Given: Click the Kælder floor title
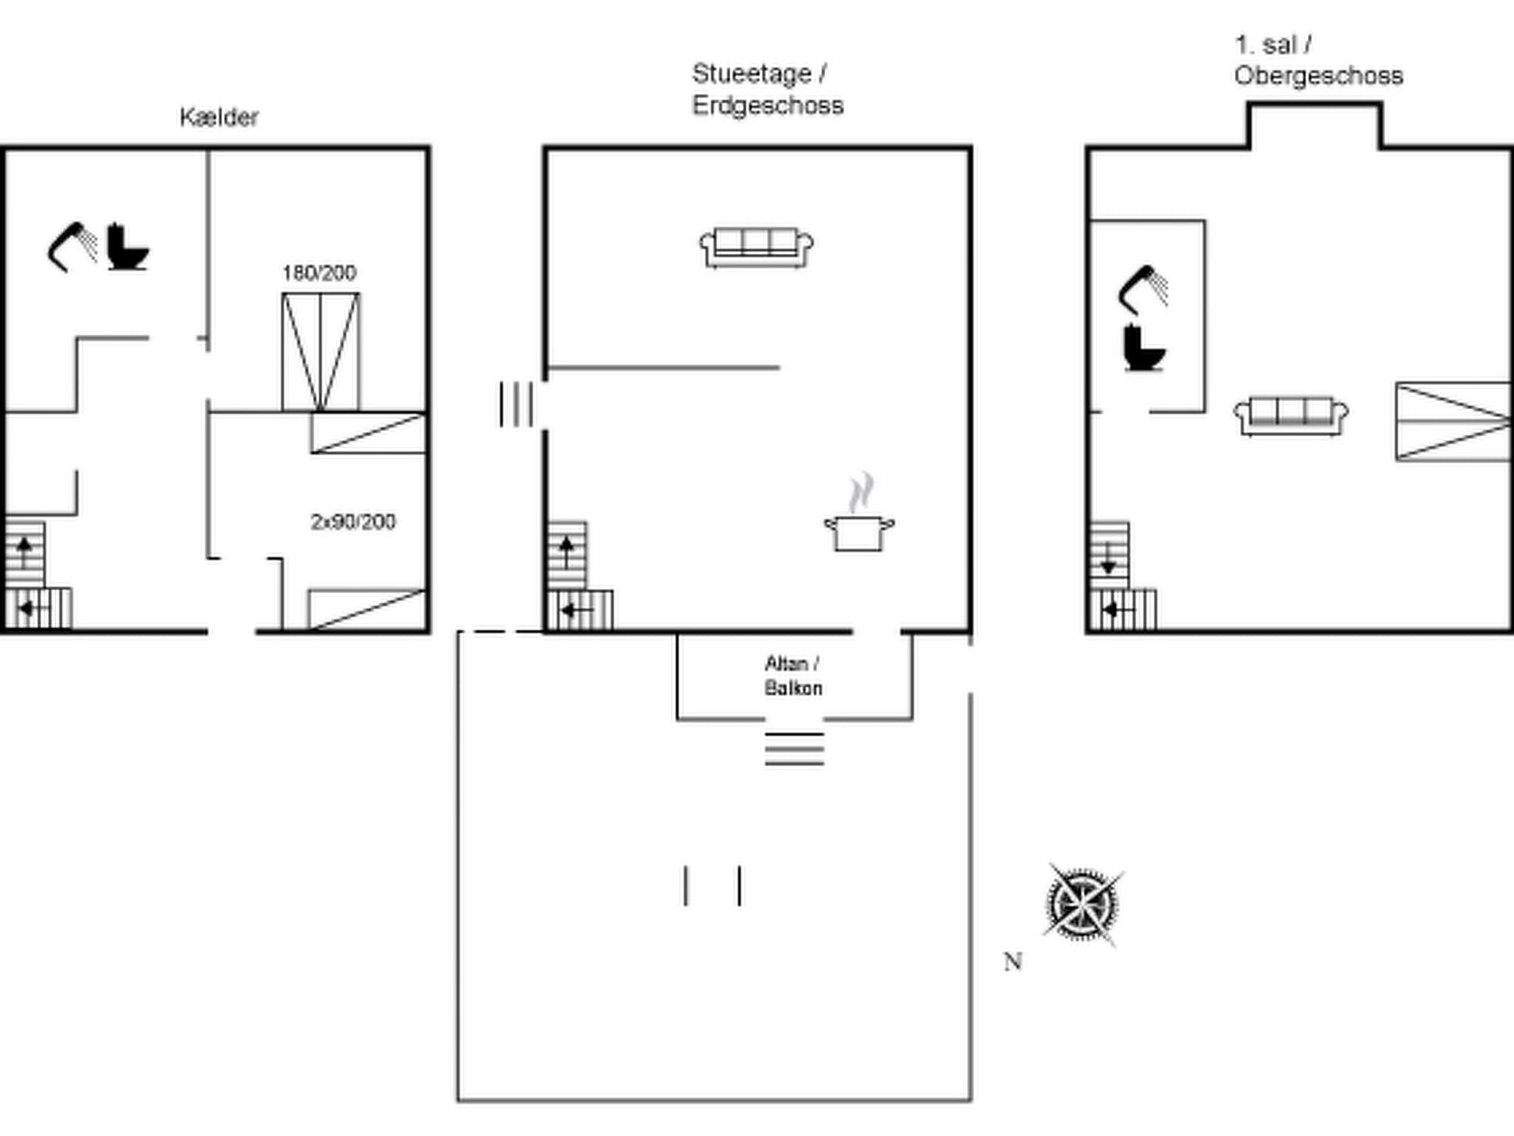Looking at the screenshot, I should pyautogui.click(x=219, y=117).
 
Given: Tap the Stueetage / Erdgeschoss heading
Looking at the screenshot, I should pyautogui.click(x=767, y=89).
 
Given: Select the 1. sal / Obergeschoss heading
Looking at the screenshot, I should pyautogui.click(x=1317, y=61).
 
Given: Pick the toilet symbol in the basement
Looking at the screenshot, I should pyautogui.click(x=127, y=247).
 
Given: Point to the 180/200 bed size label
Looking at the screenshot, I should pyautogui.click(x=319, y=273).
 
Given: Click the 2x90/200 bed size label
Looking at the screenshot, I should pyautogui.click(x=353, y=522).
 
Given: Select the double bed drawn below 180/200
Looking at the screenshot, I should pyautogui.click(x=321, y=351).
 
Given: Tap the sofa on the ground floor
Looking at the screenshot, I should pyautogui.click(x=756, y=247).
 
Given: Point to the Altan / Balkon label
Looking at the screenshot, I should pyautogui.click(x=792, y=675).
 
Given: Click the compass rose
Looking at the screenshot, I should pyautogui.click(x=1082, y=905).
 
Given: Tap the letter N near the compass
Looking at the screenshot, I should pyautogui.click(x=1012, y=961).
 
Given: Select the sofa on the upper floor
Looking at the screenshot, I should pyautogui.click(x=1291, y=416).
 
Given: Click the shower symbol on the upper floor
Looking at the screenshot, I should pyautogui.click(x=1143, y=288).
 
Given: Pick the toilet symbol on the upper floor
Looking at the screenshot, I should pyautogui.click(x=1143, y=348).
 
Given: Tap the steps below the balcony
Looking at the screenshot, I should pyautogui.click(x=794, y=748).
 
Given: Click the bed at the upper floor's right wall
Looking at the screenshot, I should pyautogui.click(x=1452, y=422).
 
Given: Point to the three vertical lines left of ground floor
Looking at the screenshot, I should pyautogui.click(x=515, y=404).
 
